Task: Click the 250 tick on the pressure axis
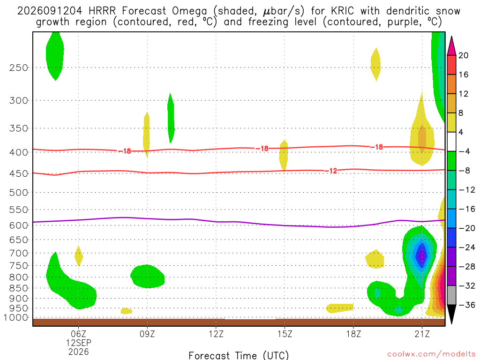pyautogui.click(x=19, y=67)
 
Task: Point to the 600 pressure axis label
pyautogui.click(x=19, y=225)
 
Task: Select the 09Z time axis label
pyautogui.click(x=147, y=334)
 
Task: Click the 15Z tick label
pyautogui.click(x=285, y=334)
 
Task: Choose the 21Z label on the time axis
pyautogui.click(x=422, y=334)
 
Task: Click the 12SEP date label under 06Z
pyautogui.click(x=79, y=343)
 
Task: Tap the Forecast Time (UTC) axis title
pyautogui.click(x=239, y=355)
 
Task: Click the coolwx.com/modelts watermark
pyautogui.click(x=431, y=354)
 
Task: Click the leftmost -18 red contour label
pyautogui.click(x=125, y=151)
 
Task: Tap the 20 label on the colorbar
pyautogui.click(x=463, y=55)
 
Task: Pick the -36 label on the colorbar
pyautogui.click(x=467, y=305)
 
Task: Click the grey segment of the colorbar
pyautogui.click(x=451, y=295)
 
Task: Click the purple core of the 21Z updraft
pyautogui.click(x=422, y=255)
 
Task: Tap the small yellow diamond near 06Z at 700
pyautogui.click(x=79, y=256)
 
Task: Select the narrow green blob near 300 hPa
pyautogui.click(x=171, y=118)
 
